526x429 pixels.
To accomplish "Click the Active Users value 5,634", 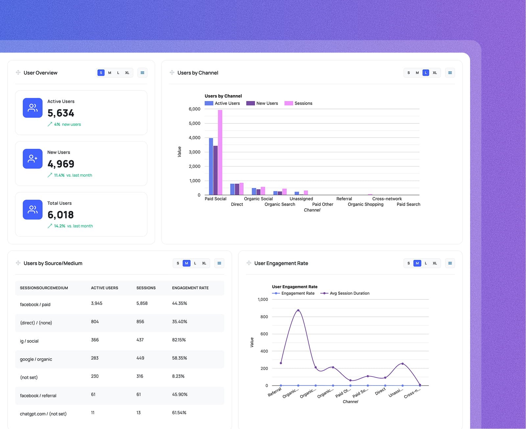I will tap(61, 113).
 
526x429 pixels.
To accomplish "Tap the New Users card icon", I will tap(33, 159).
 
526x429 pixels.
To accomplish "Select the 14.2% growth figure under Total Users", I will tap(60, 226).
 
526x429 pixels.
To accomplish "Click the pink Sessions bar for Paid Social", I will tap(220, 152).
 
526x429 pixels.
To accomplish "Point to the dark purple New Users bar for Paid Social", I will tap(215, 170).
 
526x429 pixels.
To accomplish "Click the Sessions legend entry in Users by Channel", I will tap(299, 103).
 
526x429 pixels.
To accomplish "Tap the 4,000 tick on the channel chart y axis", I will tap(194, 138).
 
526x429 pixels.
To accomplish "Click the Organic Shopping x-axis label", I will tap(365, 204).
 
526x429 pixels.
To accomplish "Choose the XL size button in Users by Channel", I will tap(435, 73).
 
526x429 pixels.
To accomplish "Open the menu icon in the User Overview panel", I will tap(142, 73).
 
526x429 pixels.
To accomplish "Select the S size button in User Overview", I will tap(101, 73).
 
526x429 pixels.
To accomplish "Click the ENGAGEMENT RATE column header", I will tap(190, 288).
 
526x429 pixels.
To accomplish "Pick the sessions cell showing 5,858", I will tap(142, 303).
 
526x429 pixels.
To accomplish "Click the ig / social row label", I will tap(29, 341).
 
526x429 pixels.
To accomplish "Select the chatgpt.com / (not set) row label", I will tap(43, 414).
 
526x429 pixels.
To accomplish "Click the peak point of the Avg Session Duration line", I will tap(298, 310).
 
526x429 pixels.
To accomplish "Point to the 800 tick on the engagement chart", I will tap(264, 317).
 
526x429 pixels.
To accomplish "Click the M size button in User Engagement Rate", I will tap(417, 263).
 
